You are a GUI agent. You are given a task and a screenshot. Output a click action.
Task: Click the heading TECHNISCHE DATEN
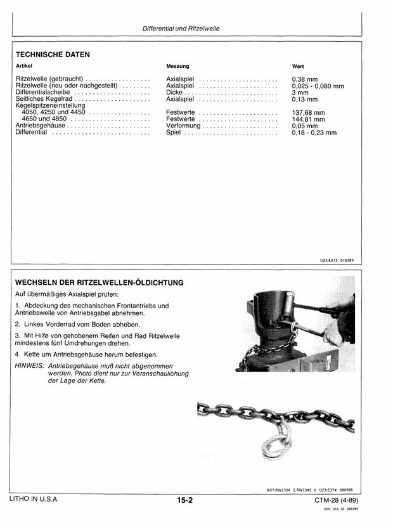tap(53, 55)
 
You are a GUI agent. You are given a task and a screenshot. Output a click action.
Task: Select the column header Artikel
tap(24, 66)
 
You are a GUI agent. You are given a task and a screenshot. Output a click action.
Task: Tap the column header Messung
tap(177, 66)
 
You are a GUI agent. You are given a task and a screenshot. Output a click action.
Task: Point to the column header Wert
tap(298, 66)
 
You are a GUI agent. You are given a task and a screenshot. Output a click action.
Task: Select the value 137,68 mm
tap(308, 113)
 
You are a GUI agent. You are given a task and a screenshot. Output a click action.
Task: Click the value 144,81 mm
tap(308, 119)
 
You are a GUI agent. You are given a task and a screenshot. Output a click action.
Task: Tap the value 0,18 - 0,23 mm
tap(314, 133)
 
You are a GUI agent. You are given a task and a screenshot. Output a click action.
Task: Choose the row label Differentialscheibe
tap(44, 93)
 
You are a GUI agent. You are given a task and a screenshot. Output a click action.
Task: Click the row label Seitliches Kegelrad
tap(44, 100)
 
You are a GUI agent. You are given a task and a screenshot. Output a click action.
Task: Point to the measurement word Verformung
tap(183, 126)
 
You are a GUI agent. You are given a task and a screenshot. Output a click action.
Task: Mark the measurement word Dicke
tap(174, 93)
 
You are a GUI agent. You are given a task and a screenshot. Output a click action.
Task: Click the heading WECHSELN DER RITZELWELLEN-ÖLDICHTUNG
tap(100, 282)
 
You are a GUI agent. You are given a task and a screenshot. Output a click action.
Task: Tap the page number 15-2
tap(184, 500)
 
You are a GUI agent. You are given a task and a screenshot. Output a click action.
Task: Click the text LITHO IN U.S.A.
tap(34, 500)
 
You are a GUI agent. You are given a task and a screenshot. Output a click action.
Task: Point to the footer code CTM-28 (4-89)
tap(340, 500)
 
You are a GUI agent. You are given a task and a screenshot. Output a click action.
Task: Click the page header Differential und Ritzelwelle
tap(181, 29)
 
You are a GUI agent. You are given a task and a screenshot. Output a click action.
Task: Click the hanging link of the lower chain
tap(277, 441)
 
